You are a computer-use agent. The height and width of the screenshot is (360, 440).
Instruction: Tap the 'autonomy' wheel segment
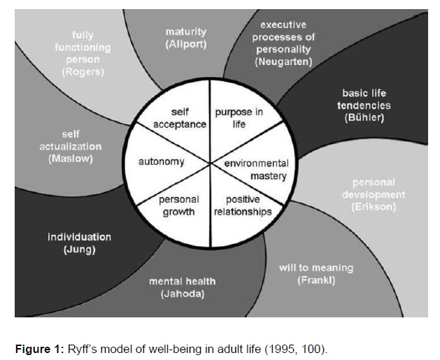(x=162, y=161)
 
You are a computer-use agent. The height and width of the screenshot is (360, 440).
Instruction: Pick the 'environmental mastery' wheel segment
(x=256, y=170)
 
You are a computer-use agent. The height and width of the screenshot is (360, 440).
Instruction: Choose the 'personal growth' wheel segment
(x=179, y=206)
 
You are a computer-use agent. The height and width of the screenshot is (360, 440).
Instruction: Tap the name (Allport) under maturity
(x=186, y=44)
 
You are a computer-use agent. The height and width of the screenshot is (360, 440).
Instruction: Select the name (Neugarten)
(x=283, y=62)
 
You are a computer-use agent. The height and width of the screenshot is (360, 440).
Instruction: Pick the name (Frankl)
(x=317, y=280)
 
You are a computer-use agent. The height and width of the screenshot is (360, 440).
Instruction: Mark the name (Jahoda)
(x=183, y=294)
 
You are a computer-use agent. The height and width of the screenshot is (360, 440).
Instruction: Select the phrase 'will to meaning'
(x=316, y=268)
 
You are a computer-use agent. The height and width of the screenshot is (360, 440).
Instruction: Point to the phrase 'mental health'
(x=183, y=282)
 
